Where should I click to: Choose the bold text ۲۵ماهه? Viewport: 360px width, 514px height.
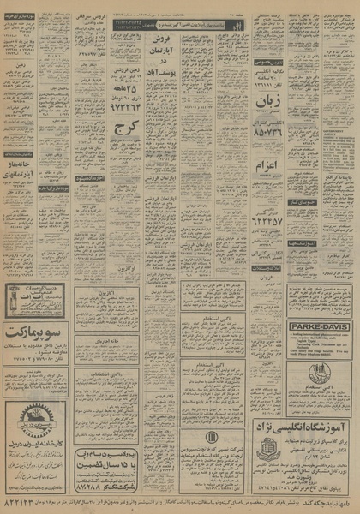(123, 91)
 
